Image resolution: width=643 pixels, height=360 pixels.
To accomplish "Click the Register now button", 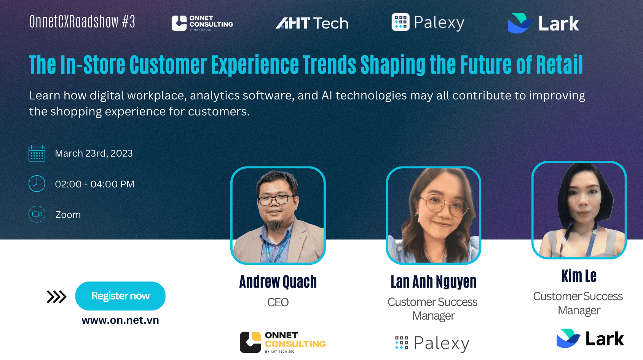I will (x=120, y=296).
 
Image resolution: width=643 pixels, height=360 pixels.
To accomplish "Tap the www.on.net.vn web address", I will (x=120, y=320).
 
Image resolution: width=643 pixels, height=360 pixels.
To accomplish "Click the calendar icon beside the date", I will (x=37, y=153).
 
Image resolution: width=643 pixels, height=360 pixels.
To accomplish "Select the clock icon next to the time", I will (x=37, y=184).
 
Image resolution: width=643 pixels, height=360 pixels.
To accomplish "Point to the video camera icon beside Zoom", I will (x=37, y=214).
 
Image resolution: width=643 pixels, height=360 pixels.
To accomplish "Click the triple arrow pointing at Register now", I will (x=56, y=296).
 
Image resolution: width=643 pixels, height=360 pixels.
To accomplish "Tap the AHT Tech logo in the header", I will (x=312, y=23).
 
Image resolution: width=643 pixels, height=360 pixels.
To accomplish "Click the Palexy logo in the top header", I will (x=428, y=22).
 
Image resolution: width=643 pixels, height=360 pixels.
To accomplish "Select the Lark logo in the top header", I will (x=543, y=23).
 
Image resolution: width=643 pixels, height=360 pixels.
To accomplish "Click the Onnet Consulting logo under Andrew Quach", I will (x=282, y=342).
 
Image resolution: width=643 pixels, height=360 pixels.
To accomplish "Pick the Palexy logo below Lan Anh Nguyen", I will (x=432, y=343).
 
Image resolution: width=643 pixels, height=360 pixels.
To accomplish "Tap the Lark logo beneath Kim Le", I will (x=590, y=338).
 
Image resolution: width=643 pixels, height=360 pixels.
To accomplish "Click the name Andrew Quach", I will (x=278, y=282).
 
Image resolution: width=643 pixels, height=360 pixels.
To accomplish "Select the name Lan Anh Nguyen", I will (x=433, y=282).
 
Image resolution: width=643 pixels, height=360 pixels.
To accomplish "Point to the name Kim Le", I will (x=579, y=276).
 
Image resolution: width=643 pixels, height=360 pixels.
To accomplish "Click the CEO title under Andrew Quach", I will (x=278, y=302).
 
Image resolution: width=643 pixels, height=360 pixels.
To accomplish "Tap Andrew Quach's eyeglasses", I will (x=277, y=199).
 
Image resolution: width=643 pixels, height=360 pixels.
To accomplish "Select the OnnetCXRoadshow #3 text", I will (x=82, y=22).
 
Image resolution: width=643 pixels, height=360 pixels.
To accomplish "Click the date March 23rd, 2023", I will (x=94, y=153).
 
